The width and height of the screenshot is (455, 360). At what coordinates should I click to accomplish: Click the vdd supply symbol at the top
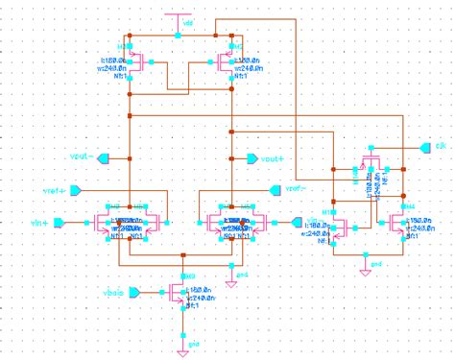click(180, 17)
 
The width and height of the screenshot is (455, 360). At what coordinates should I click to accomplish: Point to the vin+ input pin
click(59, 223)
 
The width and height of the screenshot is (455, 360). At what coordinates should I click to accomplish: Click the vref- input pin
click(322, 189)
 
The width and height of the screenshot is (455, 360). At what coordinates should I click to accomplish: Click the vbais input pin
click(135, 291)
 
